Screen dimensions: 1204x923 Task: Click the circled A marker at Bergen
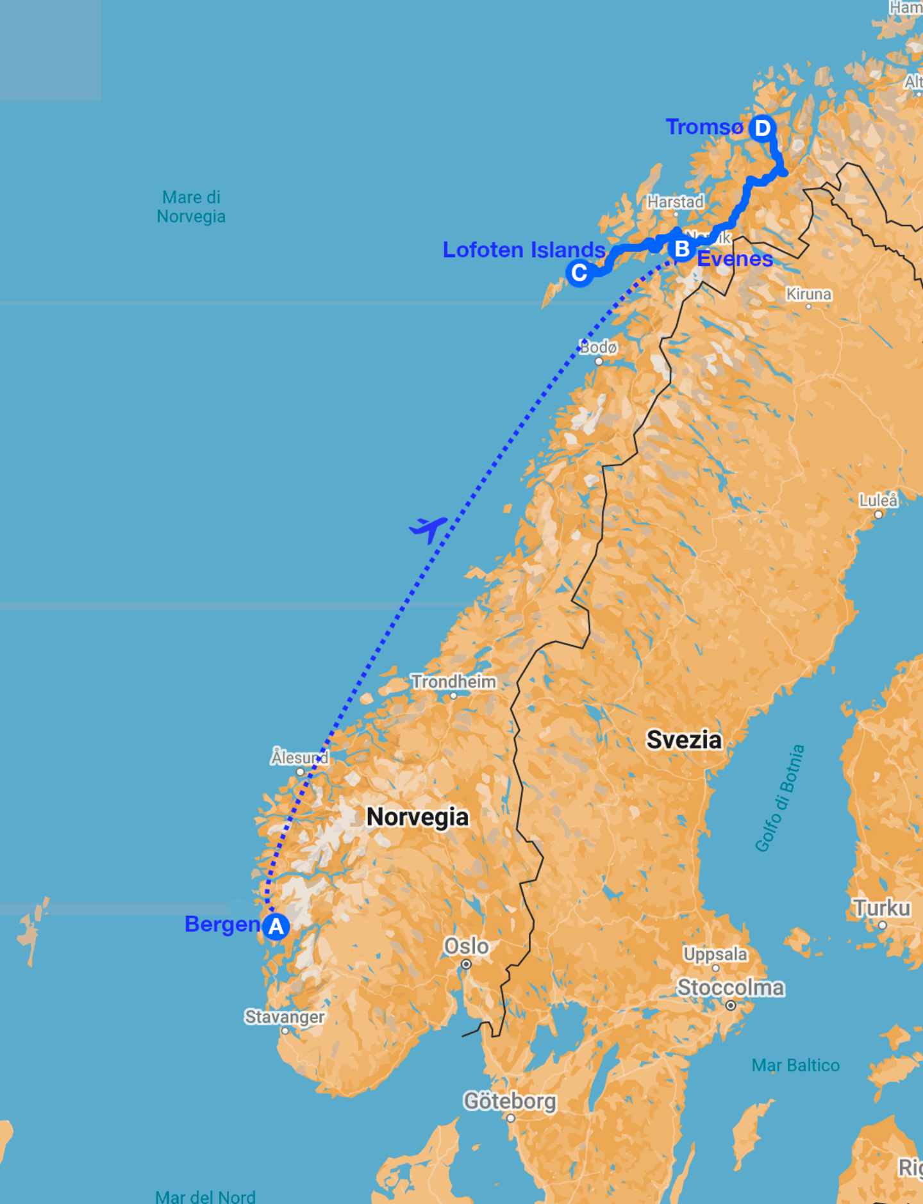(x=276, y=927)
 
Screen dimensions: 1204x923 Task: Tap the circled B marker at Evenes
(x=681, y=249)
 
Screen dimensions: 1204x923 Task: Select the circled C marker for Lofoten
(x=579, y=273)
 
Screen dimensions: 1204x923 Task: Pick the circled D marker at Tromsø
(x=762, y=128)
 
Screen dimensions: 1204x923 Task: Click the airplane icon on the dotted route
(x=428, y=529)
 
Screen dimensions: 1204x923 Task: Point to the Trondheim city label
(x=453, y=682)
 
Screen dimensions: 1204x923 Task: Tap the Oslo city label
(x=466, y=946)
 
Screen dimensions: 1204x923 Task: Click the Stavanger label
(x=285, y=1017)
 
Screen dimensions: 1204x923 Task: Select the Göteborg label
(x=510, y=1101)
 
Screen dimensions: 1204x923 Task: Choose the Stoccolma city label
(x=730, y=988)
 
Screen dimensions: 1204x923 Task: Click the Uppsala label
(x=715, y=954)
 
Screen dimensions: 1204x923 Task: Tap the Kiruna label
(x=808, y=294)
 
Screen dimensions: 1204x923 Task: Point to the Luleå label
(x=878, y=500)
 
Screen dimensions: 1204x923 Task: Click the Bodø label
(x=598, y=347)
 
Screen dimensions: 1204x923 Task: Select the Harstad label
(x=675, y=202)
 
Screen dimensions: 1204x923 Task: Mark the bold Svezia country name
(x=684, y=740)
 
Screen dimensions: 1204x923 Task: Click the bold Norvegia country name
(x=417, y=817)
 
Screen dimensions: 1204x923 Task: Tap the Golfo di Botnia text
(x=779, y=798)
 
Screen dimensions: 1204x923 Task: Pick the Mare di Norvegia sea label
(x=191, y=206)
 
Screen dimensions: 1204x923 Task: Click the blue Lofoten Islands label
(x=524, y=250)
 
